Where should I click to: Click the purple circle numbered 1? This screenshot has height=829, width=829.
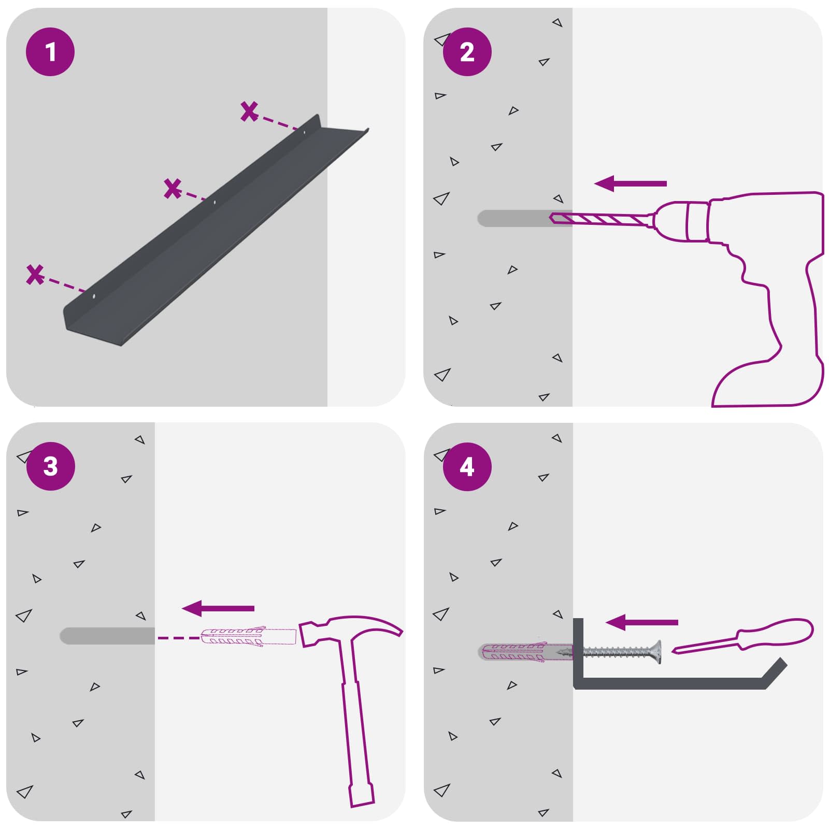(50, 52)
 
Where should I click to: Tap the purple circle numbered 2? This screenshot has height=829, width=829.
(467, 52)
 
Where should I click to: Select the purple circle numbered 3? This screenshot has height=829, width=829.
(50, 466)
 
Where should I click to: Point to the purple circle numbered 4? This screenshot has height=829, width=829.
(467, 466)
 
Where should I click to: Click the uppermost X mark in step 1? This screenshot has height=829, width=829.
(249, 111)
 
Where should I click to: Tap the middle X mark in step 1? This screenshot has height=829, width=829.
(172, 189)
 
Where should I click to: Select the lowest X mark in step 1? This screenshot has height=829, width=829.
(35, 275)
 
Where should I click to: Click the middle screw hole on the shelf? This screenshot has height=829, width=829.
(215, 202)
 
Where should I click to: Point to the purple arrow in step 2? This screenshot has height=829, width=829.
(630, 183)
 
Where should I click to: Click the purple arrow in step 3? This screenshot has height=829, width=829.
(218, 608)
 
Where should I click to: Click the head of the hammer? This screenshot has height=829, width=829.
(350, 630)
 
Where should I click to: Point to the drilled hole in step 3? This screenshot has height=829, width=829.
(107, 636)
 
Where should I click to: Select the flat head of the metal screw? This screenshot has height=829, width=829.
(656, 652)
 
